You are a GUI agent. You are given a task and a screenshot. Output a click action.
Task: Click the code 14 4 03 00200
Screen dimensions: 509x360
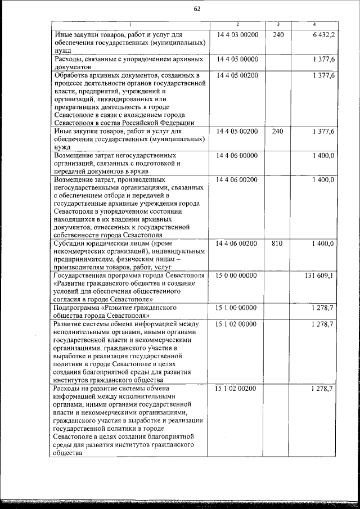click(237, 35)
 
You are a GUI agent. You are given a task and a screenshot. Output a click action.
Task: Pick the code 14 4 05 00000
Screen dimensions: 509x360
click(237, 59)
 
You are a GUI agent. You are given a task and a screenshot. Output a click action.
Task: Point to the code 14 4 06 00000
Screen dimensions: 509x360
click(237, 155)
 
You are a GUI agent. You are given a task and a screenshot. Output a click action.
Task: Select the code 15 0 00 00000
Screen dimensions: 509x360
click(236, 276)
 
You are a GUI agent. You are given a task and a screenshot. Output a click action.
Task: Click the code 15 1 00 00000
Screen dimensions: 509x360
click(237, 308)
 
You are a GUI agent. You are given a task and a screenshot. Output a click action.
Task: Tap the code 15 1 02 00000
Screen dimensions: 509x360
click(237, 325)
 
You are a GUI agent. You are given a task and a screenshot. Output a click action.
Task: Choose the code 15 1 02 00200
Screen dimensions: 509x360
click(237, 389)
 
